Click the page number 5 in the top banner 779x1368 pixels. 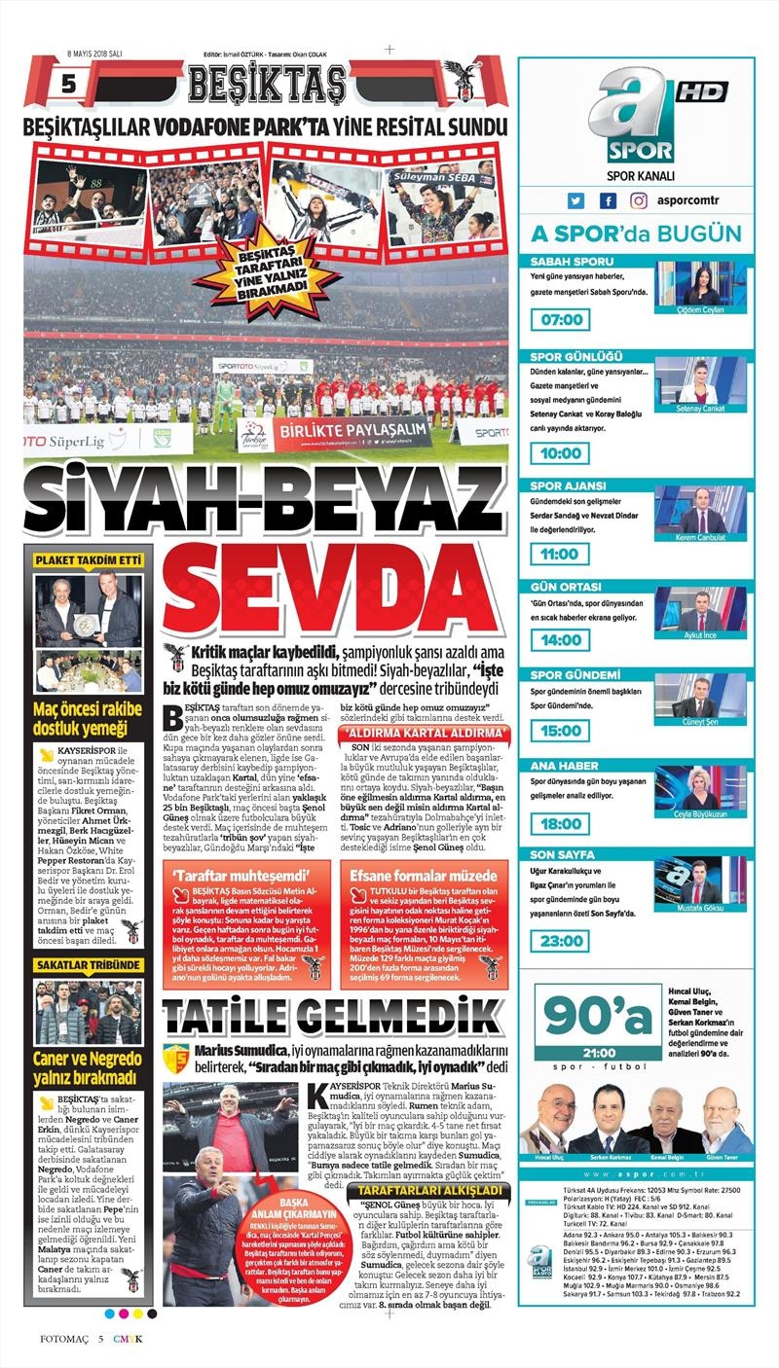click(67, 86)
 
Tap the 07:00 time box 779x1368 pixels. click(559, 319)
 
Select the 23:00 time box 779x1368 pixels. click(559, 943)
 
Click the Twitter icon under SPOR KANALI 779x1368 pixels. click(575, 201)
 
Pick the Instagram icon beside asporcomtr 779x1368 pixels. click(639, 201)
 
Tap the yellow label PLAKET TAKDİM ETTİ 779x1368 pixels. click(89, 560)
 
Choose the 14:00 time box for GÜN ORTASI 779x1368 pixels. click(559, 640)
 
